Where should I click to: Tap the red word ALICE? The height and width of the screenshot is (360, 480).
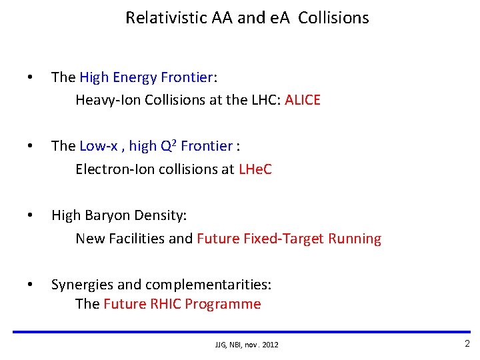pos(303,100)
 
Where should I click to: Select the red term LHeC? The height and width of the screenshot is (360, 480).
pos(255,169)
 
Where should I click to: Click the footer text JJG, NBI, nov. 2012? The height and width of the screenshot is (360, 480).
pos(247,345)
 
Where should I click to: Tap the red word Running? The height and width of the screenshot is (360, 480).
pos(355,239)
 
